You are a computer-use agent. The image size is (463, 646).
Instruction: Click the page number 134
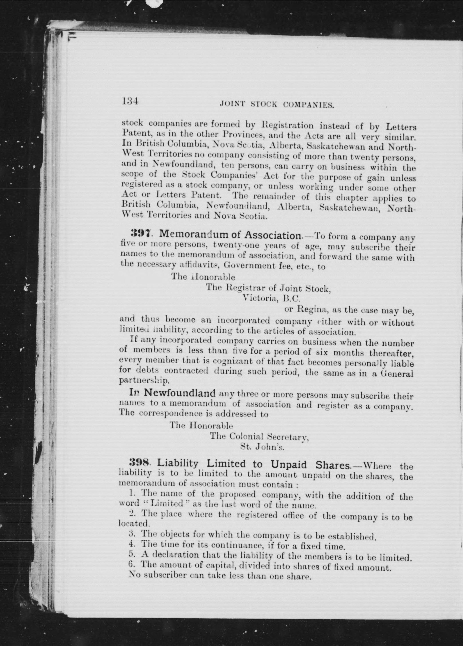tap(130, 101)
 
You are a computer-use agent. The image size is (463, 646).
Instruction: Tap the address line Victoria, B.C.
tap(271, 298)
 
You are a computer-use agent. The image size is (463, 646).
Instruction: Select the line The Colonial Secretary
tap(259, 436)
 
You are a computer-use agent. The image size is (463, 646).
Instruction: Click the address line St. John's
tap(262, 447)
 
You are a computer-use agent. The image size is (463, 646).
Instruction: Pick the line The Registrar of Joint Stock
tap(268, 288)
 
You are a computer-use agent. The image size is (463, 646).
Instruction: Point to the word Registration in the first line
tap(287, 125)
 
